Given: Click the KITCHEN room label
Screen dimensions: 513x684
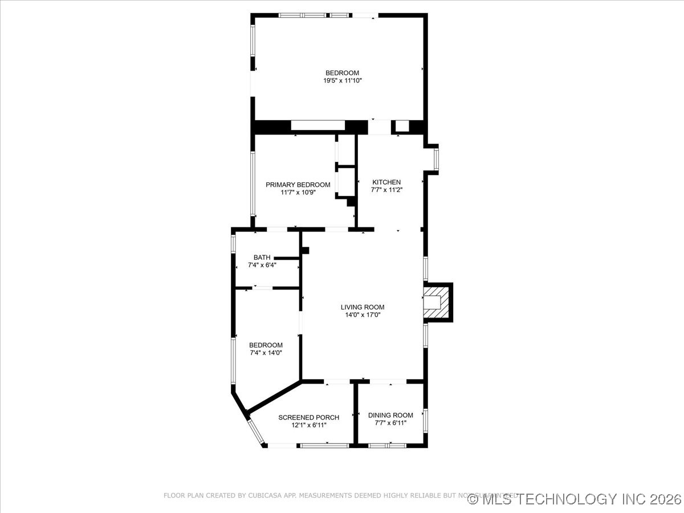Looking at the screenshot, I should (x=386, y=182).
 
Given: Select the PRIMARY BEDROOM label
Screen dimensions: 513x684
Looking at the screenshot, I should (x=298, y=185).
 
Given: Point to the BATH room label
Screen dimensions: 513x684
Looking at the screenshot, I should (x=262, y=258).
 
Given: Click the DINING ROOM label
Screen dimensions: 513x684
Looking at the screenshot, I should (x=390, y=416).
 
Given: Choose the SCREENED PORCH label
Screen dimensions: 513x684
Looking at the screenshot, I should (x=308, y=418).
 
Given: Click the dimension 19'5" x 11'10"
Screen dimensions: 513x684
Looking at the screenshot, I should (x=343, y=81).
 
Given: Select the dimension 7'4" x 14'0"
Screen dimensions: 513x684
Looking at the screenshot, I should (x=266, y=353).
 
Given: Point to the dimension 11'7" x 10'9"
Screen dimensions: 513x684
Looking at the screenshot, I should (x=298, y=193).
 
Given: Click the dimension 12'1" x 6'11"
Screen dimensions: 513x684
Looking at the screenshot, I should (x=308, y=425).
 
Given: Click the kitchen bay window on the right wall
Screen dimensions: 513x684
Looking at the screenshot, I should (x=436, y=160).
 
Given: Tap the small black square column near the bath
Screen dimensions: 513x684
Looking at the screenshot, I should (x=305, y=250).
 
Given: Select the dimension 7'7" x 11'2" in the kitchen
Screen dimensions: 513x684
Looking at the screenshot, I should (x=386, y=190).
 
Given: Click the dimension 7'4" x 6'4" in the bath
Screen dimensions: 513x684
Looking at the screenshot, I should (x=262, y=265).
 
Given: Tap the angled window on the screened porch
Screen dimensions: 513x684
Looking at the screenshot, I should (x=255, y=432).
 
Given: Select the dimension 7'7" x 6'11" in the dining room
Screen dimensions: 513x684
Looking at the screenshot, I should (x=390, y=423).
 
